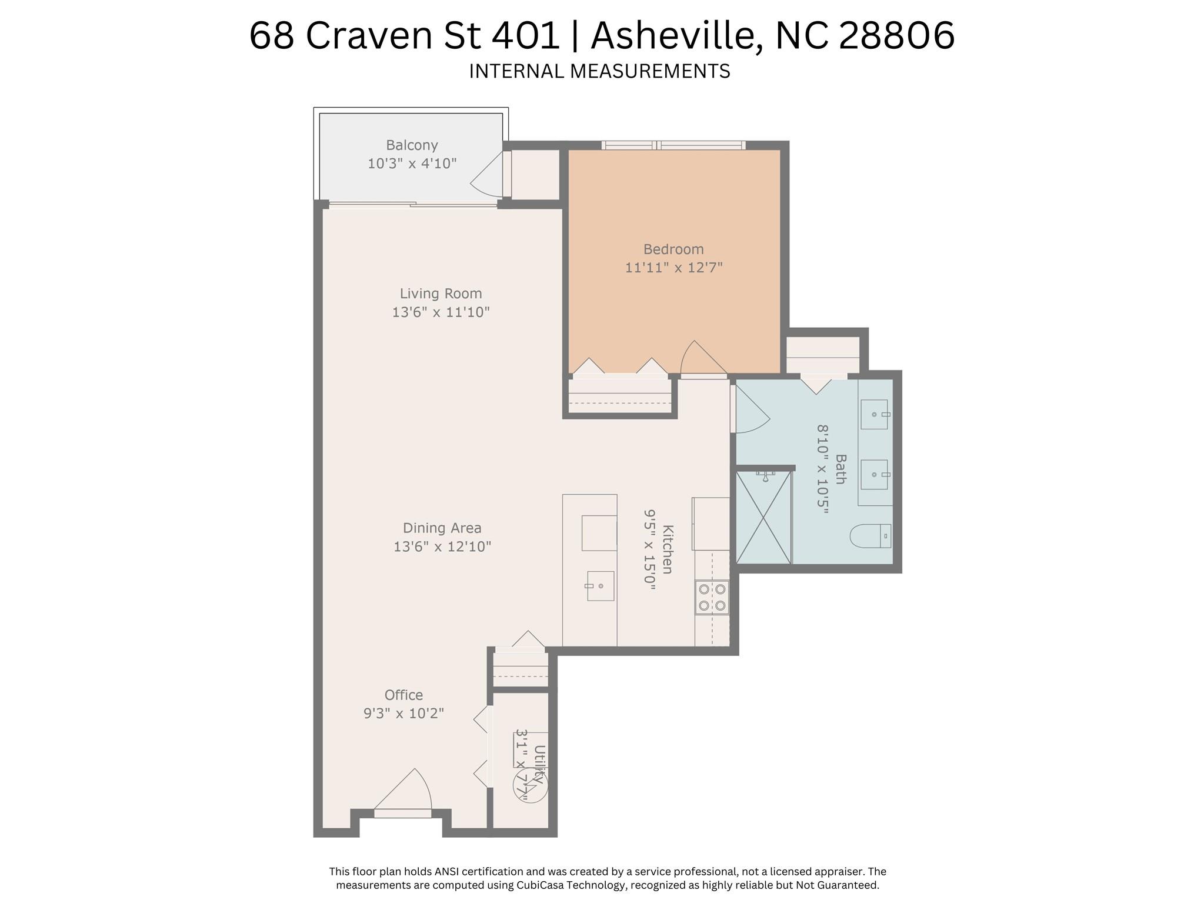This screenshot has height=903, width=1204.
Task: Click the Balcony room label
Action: click(412, 145)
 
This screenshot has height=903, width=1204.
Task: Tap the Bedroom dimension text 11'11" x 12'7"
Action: click(673, 268)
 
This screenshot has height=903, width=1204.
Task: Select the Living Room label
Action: click(441, 293)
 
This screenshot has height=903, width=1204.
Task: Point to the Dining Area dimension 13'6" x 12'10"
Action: click(442, 547)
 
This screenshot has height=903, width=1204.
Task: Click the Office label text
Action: click(403, 695)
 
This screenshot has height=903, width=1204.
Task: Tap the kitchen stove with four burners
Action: click(712, 597)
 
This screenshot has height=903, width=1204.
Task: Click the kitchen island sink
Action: click(599, 586)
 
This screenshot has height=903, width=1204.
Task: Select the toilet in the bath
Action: click(871, 535)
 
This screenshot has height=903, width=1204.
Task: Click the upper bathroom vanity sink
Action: click(875, 414)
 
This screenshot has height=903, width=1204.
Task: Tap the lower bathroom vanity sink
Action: click(875, 474)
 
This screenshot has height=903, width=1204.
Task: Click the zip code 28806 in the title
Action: click(896, 35)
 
